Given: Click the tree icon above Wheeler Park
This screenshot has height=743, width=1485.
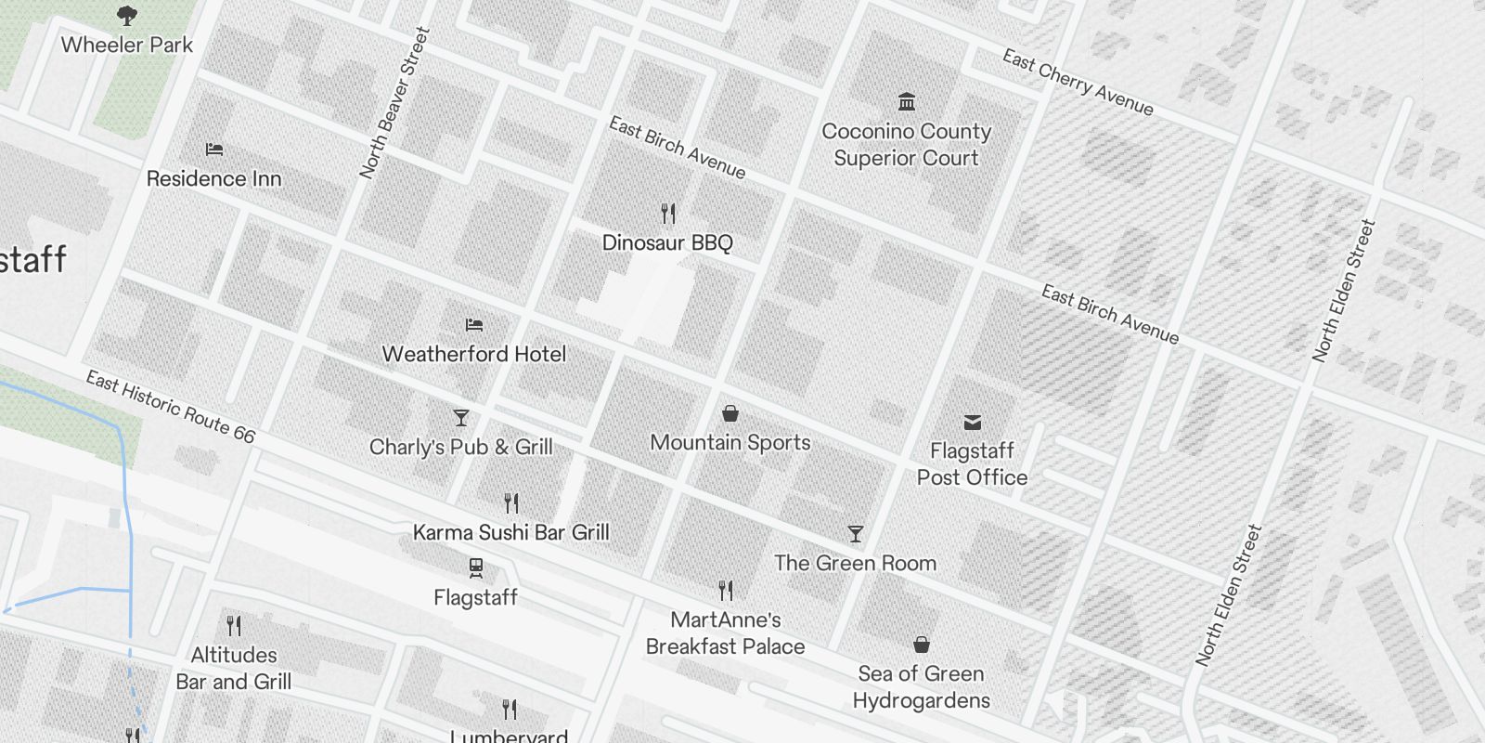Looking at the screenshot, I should (x=127, y=15).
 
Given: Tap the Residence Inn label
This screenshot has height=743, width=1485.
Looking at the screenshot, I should (x=213, y=178).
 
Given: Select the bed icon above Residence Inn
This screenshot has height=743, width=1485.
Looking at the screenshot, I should (x=214, y=149).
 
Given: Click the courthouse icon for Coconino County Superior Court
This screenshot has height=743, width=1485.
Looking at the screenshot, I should (x=907, y=101).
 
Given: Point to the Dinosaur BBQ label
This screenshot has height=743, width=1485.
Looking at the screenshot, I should (x=667, y=242).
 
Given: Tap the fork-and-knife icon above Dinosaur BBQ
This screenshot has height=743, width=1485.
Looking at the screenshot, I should (x=668, y=214).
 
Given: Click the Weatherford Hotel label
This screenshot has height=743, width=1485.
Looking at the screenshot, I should (x=474, y=354).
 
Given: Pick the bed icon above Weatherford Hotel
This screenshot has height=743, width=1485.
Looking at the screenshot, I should (x=474, y=325).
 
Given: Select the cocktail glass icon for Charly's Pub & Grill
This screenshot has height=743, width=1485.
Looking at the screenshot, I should (x=460, y=418).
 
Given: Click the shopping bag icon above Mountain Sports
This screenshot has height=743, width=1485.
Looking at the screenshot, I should (x=730, y=413).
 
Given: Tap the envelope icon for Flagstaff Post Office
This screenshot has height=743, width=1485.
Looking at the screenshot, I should (x=972, y=423).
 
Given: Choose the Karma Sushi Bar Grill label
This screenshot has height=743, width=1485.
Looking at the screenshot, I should (x=511, y=532).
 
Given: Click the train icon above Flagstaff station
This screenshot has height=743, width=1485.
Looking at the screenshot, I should (x=475, y=567).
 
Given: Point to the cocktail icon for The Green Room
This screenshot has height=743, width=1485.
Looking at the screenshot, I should (x=856, y=534).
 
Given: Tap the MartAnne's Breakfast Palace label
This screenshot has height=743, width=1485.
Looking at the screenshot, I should (x=726, y=632).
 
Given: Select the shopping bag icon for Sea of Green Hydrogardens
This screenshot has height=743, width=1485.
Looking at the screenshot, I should (x=921, y=645).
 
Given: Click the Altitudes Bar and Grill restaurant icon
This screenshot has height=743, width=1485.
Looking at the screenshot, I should (x=234, y=626).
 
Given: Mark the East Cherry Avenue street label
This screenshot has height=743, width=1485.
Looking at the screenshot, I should (x=1078, y=83).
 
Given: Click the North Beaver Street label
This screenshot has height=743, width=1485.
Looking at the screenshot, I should (x=395, y=103).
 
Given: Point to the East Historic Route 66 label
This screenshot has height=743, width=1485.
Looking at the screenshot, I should (x=170, y=407).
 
